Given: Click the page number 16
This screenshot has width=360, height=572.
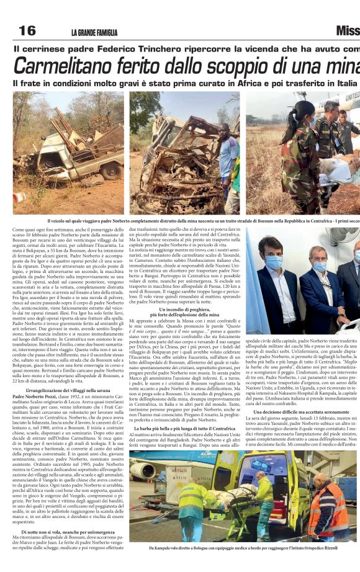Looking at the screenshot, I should coord(27,30).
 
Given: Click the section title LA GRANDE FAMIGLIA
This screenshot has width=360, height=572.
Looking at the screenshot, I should coord(94,33).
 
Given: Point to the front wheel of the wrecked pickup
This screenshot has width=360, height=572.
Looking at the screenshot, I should coord(112,170).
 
